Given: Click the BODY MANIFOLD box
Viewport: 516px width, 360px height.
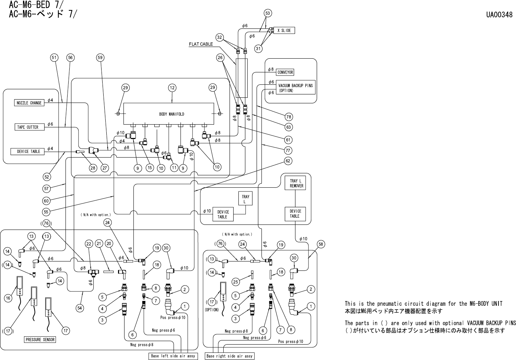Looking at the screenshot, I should pyautogui.click(x=172, y=114).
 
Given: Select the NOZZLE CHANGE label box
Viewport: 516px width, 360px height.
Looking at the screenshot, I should pyautogui.click(x=29, y=103).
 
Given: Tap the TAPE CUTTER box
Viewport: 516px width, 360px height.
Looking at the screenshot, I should pyautogui.click(x=28, y=127).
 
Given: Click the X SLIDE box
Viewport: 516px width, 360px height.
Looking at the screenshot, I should pyautogui.click(x=284, y=31).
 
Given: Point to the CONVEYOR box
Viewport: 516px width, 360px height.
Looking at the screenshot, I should pyautogui.click(x=285, y=72).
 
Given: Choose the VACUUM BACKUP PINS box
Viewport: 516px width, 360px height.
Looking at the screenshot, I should pyautogui.click(x=295, y=88).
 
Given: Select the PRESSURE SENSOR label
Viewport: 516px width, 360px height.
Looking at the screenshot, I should pyautogui.click(x=40, y=340).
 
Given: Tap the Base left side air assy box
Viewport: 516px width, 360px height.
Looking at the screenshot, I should pyautogui.click(x=173, y=356).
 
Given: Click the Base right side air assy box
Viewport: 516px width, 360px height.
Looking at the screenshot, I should pyautogui.click(x=230, y=356).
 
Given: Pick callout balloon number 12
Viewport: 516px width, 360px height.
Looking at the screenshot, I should pyautogui.click(x=172, y=88).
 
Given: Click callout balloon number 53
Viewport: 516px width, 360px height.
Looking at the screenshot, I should pyautogui.click(x=268, y=13).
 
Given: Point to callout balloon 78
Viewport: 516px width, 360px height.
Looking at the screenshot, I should pyautogui.click(x=289, y=117).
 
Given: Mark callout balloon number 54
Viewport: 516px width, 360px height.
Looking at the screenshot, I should pyautogui.click(x=80, y=308).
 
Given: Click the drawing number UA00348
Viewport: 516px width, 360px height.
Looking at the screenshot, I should pyautogui.click(x=499, y=15).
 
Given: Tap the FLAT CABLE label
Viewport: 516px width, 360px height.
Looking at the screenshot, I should pyautogui.click(x=201, y=44).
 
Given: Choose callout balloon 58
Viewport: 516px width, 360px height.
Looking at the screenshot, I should pyautogui.click(x=321, y=244).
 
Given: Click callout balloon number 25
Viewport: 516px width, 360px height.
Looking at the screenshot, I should pyautogui.click(x=235, y=282).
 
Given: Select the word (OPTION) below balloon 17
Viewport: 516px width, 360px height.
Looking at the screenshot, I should pyautogui.click(x=212, y=310).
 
